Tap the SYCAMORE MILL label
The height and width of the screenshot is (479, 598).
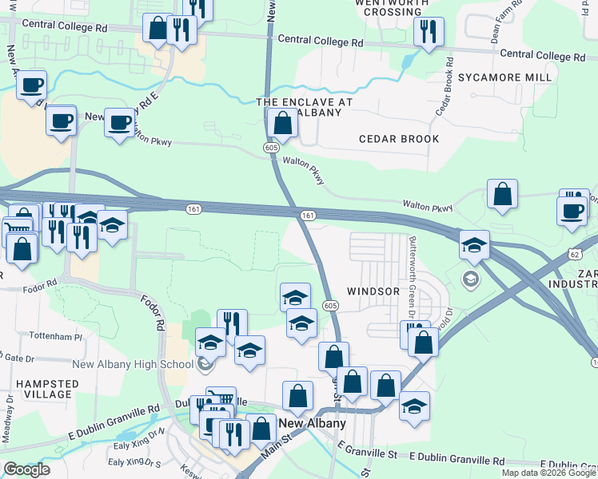coord(505,77)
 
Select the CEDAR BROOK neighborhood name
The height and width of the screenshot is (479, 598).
coord(399,139)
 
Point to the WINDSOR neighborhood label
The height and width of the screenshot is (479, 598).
coord(373,291)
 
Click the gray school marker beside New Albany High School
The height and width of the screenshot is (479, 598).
coord(206,366)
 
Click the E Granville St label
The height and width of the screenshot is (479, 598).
coord(367,453)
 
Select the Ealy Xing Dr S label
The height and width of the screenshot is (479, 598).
coord(134,462)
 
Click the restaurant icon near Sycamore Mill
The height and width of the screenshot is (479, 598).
coord(429,31)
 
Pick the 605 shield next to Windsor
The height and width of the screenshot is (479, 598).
coord(330,306)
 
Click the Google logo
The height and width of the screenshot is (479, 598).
coord(26,469)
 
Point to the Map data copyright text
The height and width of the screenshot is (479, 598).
coord(548,473)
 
